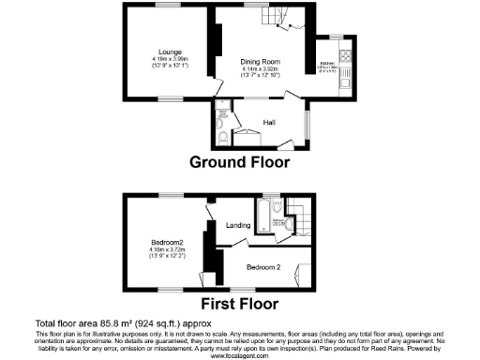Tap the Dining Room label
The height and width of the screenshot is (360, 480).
[254, 58]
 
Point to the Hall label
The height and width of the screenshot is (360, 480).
[268, 122]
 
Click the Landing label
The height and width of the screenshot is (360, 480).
[237, 225]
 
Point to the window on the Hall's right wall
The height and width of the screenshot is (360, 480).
[307, 122]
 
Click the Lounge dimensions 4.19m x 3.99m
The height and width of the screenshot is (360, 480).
[170, 59]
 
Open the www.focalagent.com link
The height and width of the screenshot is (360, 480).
[239, 355]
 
